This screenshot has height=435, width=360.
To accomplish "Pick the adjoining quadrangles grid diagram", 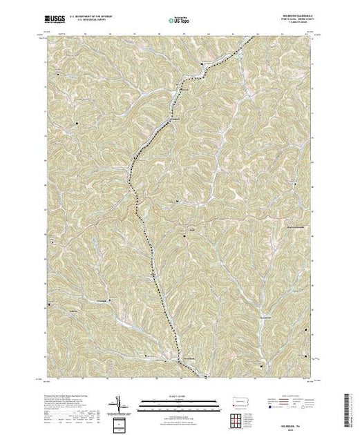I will tap(243, 416).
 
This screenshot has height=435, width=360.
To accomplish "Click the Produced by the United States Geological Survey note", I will tap(59, 394).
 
